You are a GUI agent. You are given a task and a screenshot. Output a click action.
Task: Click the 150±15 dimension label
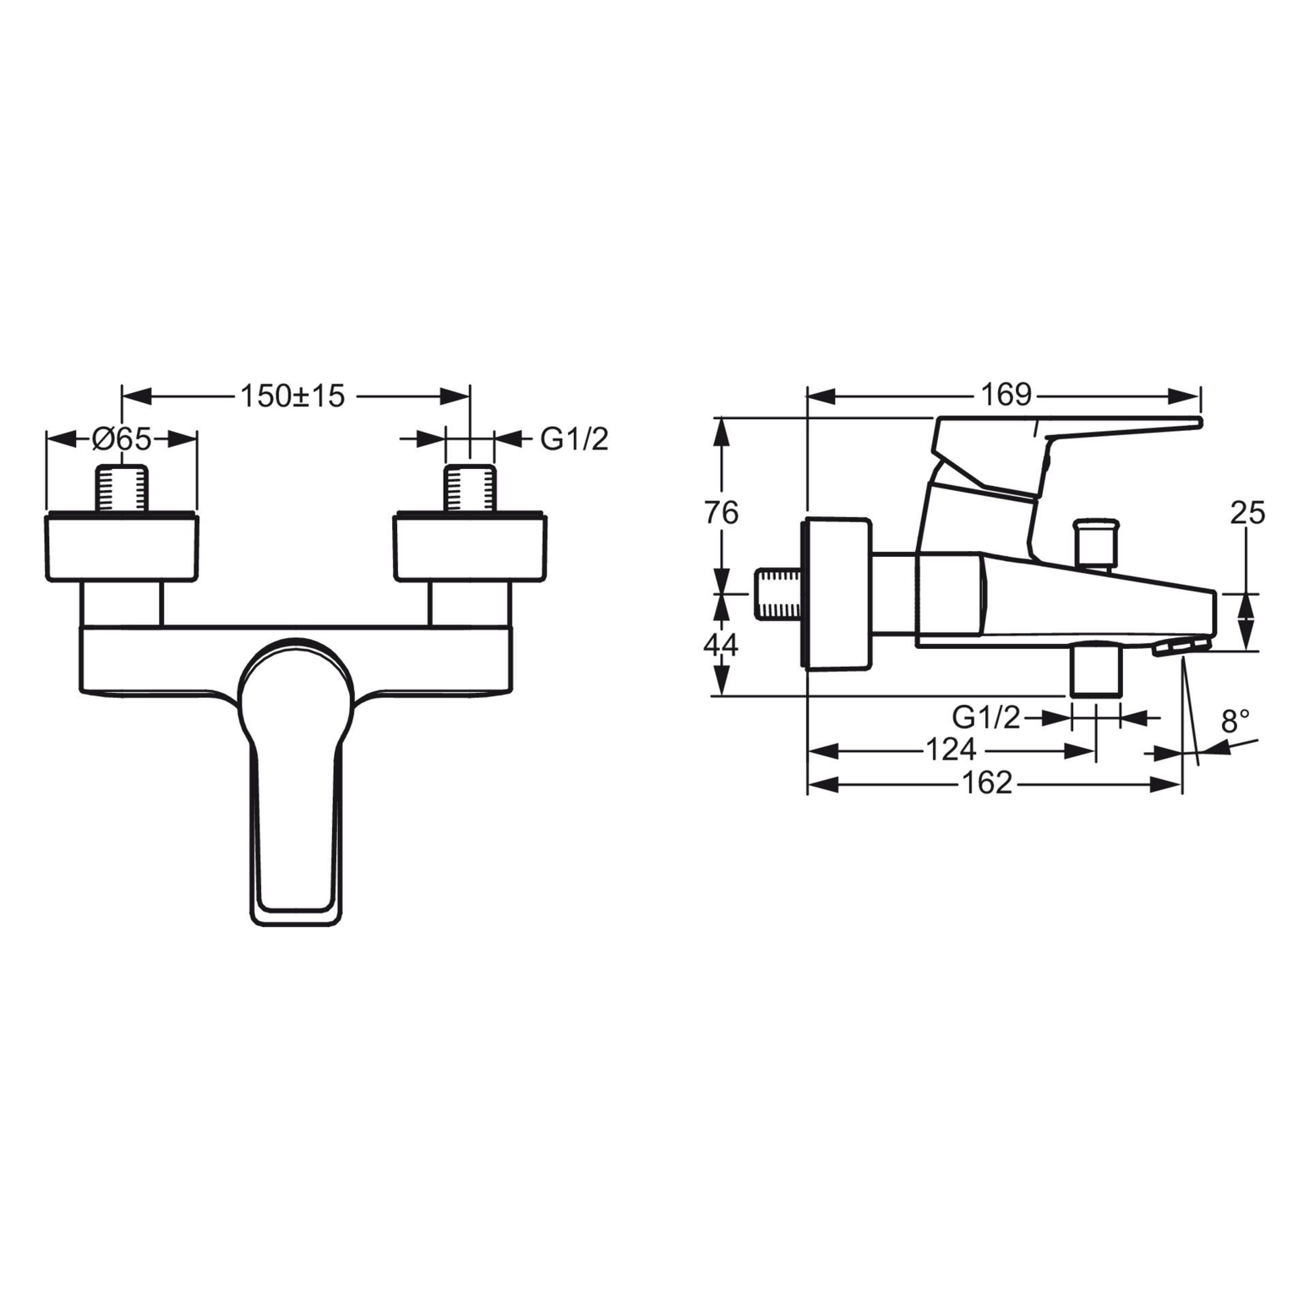point(293,396)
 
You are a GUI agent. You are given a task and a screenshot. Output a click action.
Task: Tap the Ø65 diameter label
point(121,440)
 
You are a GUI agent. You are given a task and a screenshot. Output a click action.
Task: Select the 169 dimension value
point(1006,395)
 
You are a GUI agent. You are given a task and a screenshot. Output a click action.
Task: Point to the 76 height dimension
point(721,513)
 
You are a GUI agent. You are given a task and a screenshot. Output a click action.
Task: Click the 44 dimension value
point(721,644)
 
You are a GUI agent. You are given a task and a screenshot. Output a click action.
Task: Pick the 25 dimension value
point(1247,513)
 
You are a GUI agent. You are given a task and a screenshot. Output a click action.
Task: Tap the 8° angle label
point(1235,721)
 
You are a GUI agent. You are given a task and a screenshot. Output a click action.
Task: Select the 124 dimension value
point(952,751)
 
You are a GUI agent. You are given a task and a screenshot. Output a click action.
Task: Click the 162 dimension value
point(987,784)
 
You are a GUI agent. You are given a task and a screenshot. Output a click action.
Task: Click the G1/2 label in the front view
point(574,440)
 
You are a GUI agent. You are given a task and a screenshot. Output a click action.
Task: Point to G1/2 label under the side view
point(986,718)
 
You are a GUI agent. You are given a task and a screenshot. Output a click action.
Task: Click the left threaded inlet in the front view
point(122,488)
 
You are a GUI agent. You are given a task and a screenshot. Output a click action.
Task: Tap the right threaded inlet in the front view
point(470,488)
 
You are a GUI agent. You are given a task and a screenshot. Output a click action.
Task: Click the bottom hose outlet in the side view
point(1095,671)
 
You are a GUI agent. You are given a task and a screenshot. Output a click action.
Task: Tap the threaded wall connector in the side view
point(781,595)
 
